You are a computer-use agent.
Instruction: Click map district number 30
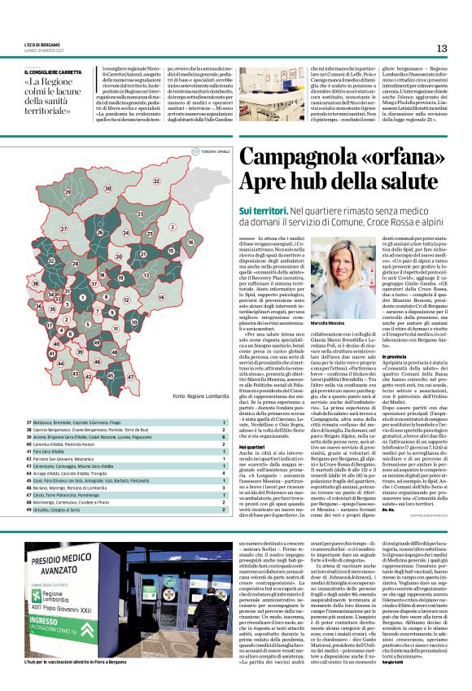tap(108, 190)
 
